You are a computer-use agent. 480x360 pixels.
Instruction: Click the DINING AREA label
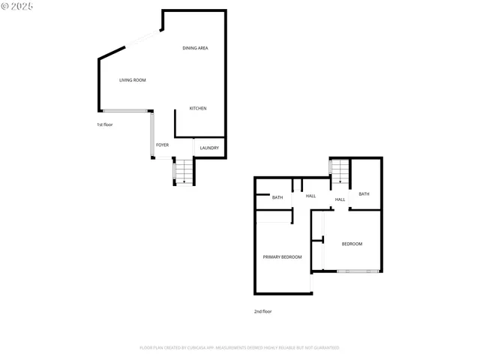click(x=195, y=48)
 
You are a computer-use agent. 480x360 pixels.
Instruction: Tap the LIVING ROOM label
click(x=133, y=80)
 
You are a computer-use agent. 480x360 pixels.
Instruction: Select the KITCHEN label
click(x=198, y=109)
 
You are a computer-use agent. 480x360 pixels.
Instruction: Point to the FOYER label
click(x=162, y=145)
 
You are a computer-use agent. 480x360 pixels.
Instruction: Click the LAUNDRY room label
click(x=209, y=148)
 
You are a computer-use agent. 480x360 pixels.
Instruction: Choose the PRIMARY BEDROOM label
click(x=282, y=257)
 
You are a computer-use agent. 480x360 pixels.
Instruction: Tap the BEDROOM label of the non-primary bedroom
click(x=352, y=244)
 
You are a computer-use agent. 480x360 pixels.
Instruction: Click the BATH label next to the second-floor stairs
click(x=364, y=194)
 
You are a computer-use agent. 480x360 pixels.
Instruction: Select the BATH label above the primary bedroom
click(x=277, y=198)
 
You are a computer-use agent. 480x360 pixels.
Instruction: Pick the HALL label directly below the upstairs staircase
click(x=340, y=199)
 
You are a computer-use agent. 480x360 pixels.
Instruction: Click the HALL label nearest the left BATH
click(x=310, y=196)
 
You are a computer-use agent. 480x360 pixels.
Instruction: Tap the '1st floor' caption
click(x=104, y=124)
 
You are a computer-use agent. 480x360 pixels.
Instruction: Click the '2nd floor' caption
click(x=262, y=310)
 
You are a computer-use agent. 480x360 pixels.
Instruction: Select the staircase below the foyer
click(x=184, y=172)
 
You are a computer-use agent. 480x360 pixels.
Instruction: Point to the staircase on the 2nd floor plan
click(x=340, y=172)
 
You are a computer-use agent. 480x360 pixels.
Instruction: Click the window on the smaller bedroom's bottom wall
click(x=352, y=271)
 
